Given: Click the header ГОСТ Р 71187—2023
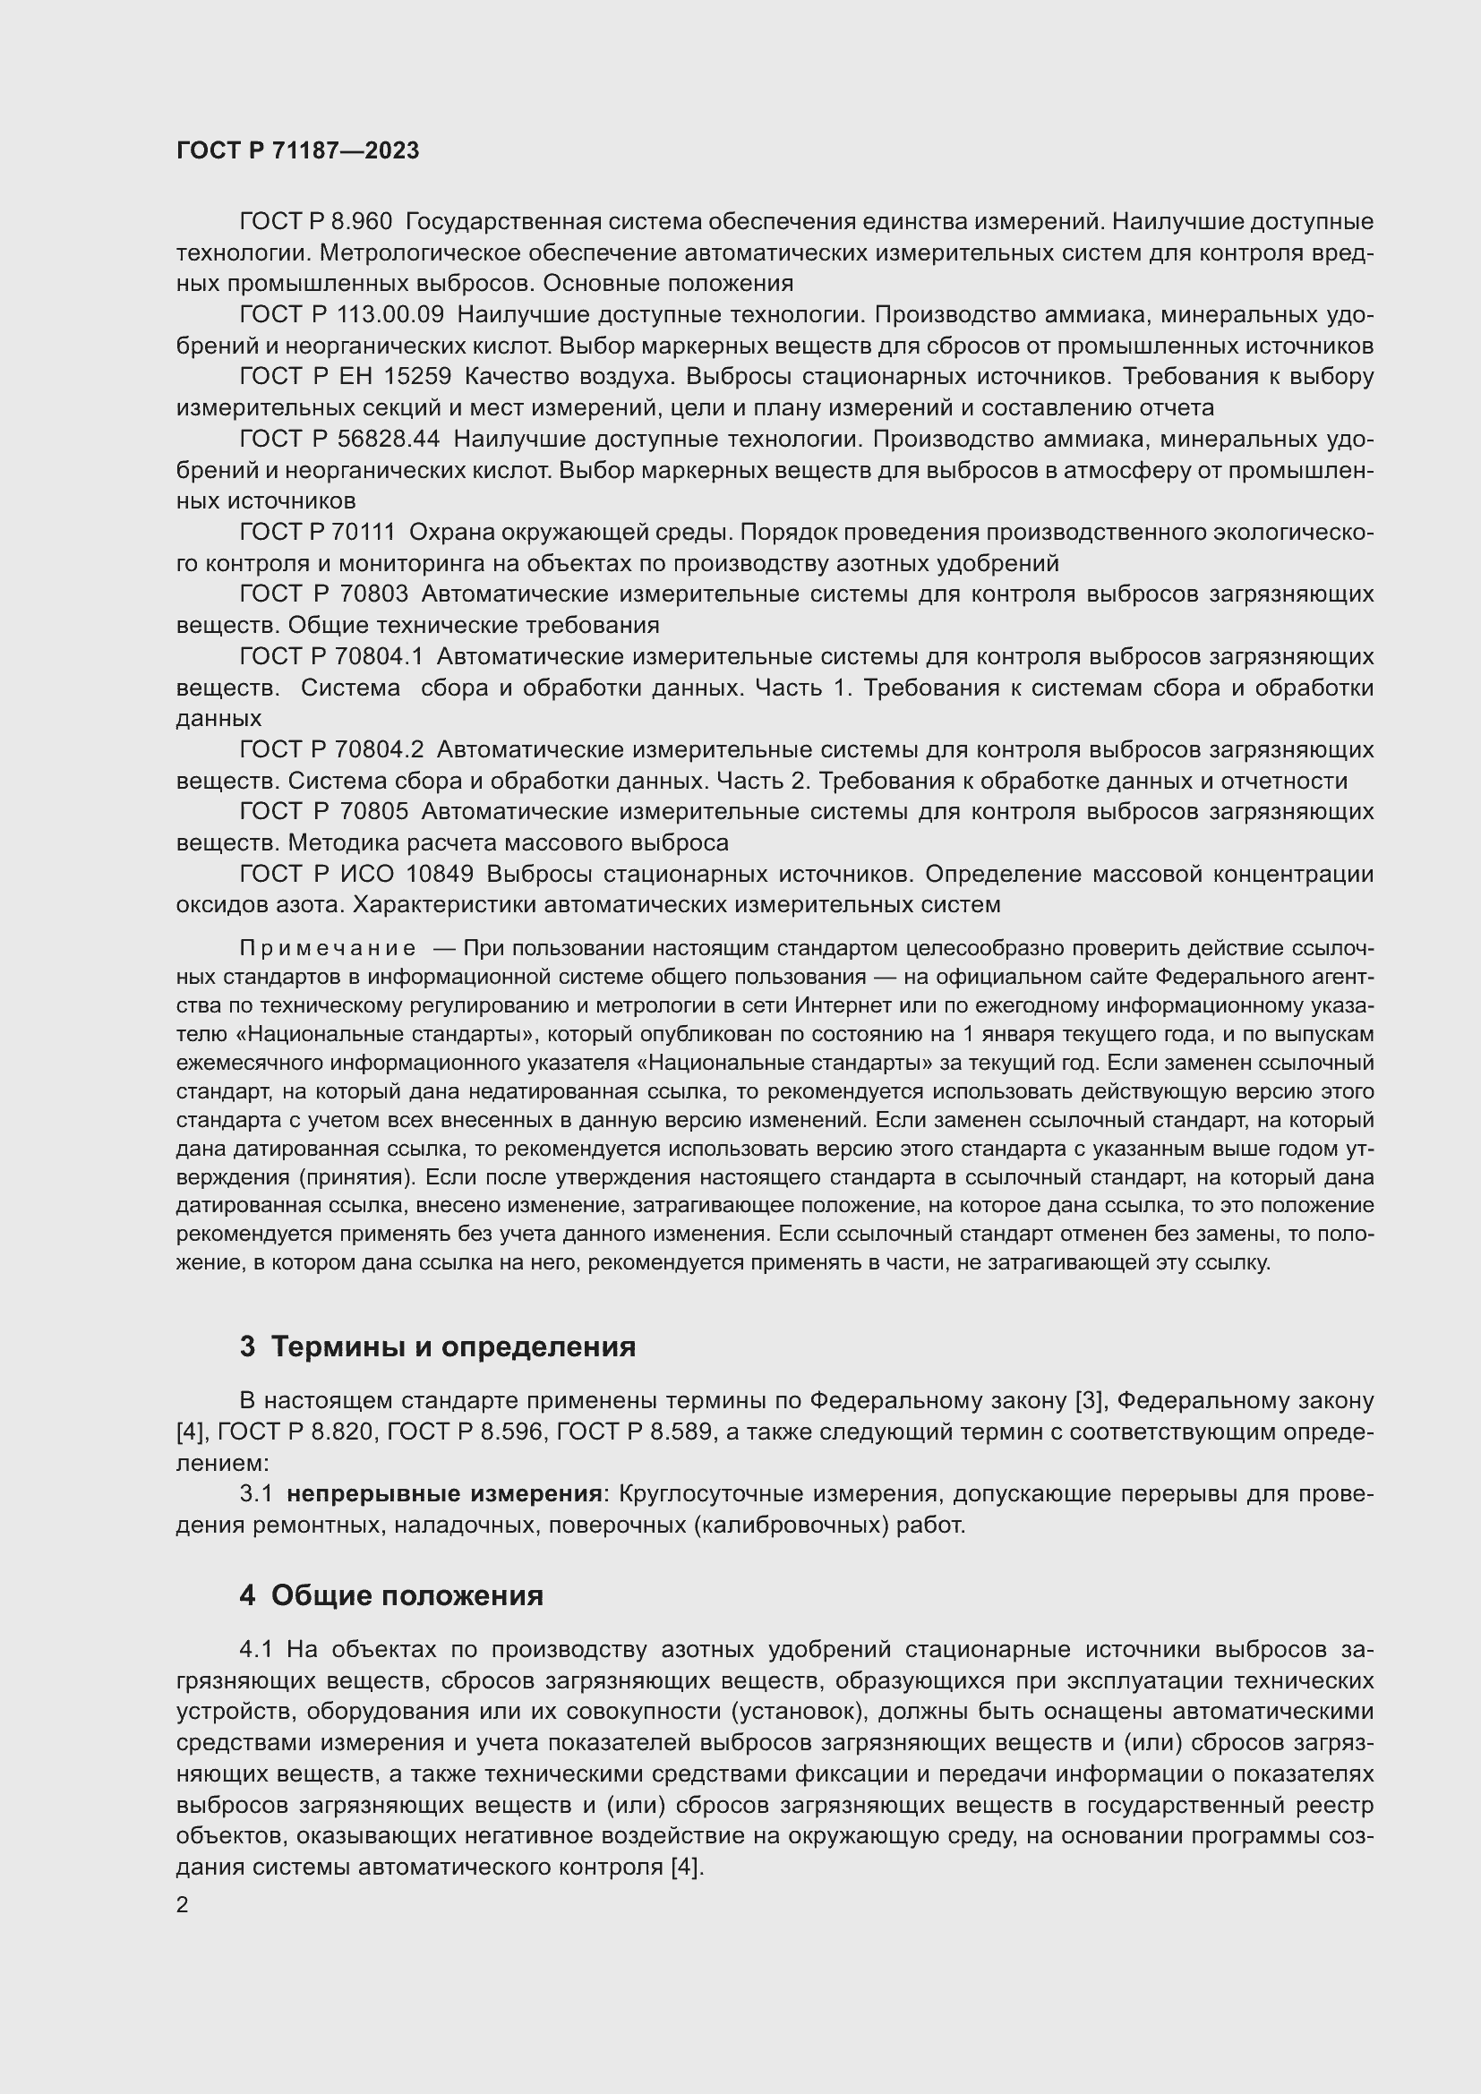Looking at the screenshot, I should pyautogui.click(x=297, y=150).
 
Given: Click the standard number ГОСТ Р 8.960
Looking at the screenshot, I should pyautogui.click(x=315, y=222).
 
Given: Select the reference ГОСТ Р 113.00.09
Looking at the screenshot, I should pyautogui.click(x=342, y=314).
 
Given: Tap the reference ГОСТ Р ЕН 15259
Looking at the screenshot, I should pyautogui.click(x=346, y=377).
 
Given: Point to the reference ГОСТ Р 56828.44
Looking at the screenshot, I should pyautogui.click(x=339, y=440).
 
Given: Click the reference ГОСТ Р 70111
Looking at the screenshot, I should pyautogui.click(x=317, y=532).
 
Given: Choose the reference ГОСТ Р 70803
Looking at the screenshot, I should pyautogui.click(x=324, y=594).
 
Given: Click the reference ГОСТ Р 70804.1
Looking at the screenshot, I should pyautogui.click(x=332, y=656).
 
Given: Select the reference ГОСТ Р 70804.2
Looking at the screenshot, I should pyautogui.click(x=332, y=749).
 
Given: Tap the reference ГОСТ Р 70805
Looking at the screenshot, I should pyautogui.click(x=324, y=812).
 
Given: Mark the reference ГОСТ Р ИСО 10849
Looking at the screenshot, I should pyautogui.click(x=356, y=875).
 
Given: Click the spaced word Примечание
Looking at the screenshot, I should pyautogui.click(x=328, y=948).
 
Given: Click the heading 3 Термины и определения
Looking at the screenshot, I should pyautogui.click(x=438, y=1347).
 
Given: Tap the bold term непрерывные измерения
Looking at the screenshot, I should pyautogui.click(x=444, y=1494).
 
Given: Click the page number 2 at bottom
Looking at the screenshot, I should pyautogui.click(x=183, y=1904).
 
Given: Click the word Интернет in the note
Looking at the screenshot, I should pyautogui.click(x=843, y=1006).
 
